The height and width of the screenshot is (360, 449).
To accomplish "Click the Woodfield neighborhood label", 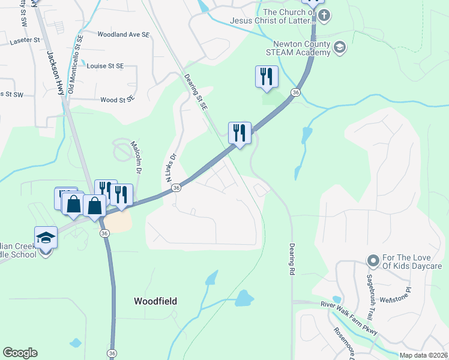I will tap(155, 301).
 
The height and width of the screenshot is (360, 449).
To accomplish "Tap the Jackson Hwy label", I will tap(56, 72).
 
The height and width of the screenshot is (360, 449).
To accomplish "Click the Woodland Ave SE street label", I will tap(123, 35).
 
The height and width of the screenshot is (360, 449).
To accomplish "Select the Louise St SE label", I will tap(105, 65).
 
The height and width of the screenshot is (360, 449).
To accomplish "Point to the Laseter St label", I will tap(25, 42).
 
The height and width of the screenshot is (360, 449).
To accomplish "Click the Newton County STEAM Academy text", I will tap(301, 48).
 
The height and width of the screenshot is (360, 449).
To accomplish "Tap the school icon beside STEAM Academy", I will tap(340, 46).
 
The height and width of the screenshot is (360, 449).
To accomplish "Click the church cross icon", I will tap(324, 15).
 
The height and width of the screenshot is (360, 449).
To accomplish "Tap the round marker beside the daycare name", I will tap(373, 261).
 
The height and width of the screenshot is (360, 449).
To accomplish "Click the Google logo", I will tap(20, 353).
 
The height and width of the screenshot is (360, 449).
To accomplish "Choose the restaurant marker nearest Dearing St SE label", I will tap(239, 133).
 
